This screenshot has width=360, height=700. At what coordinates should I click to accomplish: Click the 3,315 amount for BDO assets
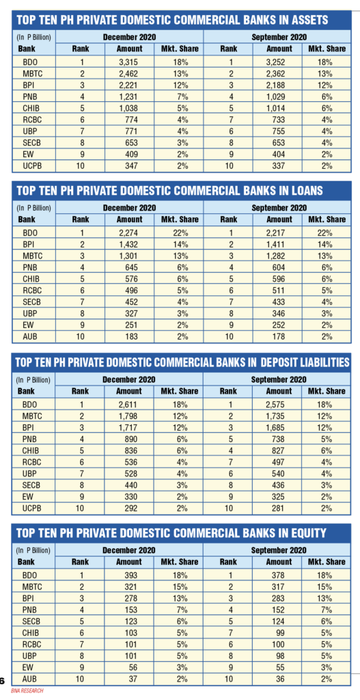tap(129, 62)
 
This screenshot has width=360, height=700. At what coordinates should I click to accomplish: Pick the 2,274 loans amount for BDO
tap(129, 233)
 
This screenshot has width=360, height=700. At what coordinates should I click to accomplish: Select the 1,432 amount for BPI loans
tap(129, 245)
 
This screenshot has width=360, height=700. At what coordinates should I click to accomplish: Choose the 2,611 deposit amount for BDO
tap(129, 405)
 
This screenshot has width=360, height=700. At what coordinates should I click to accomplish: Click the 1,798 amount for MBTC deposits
tap(129, 416)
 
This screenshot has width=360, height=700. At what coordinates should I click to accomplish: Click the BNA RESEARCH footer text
tap(27, 690)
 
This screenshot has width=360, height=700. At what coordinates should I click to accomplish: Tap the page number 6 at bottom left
tap(2, 680)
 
